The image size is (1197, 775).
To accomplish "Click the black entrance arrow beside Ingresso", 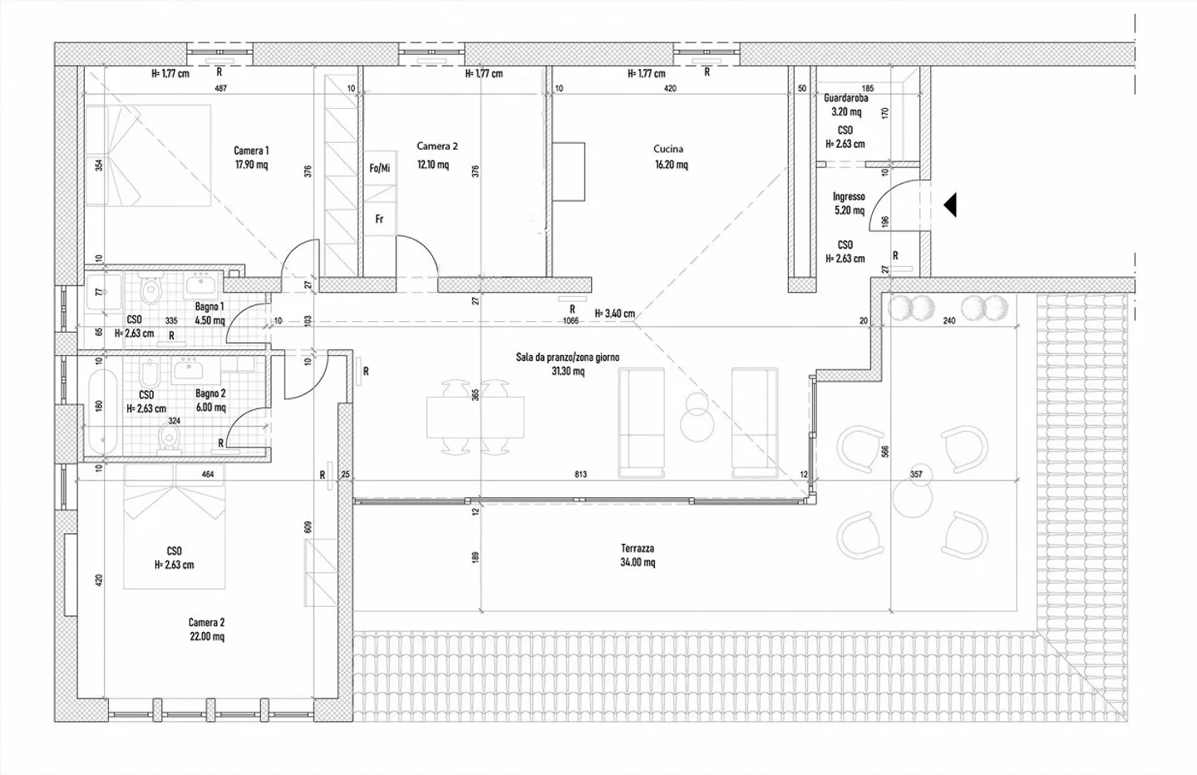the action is tap(949, 205).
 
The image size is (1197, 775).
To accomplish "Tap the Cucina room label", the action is tap(668, 149).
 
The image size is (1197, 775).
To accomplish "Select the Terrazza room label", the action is tap(638, 548).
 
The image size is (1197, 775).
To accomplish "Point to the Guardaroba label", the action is tap(846, 98).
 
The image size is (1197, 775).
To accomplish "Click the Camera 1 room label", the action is tap(251, 151).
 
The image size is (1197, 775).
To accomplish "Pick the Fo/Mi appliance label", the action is tap(380, 168).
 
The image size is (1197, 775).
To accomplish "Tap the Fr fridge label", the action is tap(379, 220).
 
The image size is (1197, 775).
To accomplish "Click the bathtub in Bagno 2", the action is tap(102, 412).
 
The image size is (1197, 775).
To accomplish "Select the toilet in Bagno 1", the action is tap(150, 289).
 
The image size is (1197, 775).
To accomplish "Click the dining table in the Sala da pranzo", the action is tap(475, 417).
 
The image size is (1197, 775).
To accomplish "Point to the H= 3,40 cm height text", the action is tap(615, 313).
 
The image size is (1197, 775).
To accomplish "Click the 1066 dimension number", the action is tap(571, 321).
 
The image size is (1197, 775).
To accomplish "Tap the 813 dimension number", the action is tap(581, 474).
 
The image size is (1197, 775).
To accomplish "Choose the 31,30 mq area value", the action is tap(568, 371).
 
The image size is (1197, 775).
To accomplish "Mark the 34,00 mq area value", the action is tap(638, 562).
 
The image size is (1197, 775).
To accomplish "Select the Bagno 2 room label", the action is tap(210, 393).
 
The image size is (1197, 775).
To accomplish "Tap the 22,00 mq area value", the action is tap(207, 637).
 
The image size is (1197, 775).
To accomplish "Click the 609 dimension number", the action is tap(308, 527).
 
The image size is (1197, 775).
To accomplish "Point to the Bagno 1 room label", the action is tap(209, 307).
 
